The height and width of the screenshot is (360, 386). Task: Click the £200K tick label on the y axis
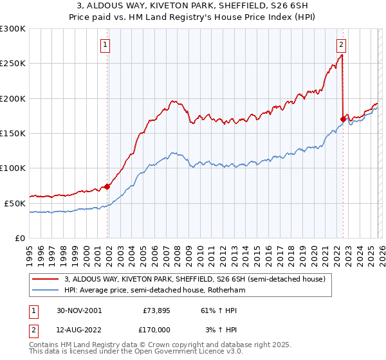(13, 98)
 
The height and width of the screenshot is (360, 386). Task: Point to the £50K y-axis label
(15, 203)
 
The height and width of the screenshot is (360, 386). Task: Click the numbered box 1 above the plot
(105, 45)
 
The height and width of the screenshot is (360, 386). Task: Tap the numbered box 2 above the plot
(340, 45)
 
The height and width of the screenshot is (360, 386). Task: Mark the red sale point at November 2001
(107, 186)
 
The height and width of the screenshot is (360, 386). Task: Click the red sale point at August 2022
(343, 119)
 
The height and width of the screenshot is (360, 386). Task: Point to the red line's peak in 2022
(342, 55)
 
